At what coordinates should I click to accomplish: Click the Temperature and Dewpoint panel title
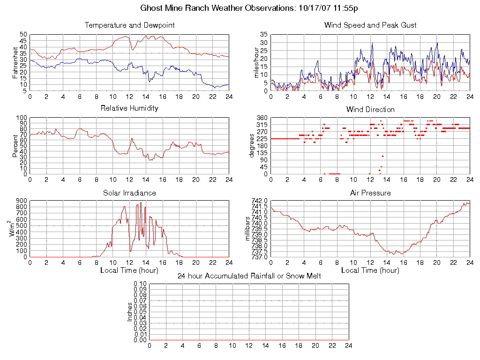tap(130, 25)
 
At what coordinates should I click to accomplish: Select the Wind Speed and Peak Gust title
tap(370, 25)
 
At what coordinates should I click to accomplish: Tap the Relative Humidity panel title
tap(130, 108)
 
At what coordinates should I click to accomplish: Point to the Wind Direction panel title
tap(370, 110)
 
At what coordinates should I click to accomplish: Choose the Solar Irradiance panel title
tap(130, 193)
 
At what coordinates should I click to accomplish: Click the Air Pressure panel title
tap(370, 193)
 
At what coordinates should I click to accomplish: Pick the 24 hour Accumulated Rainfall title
tap(249, 276)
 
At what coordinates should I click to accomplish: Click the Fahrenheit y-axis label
tap(15, 62)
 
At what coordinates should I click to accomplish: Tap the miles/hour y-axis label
tap(256, 62)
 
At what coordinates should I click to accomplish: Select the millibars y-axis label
tap(249, 229)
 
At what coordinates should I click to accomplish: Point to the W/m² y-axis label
tap(14, 229)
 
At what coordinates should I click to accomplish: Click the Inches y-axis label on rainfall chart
tap(130, 312)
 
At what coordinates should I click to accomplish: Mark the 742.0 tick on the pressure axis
tap(260, 201)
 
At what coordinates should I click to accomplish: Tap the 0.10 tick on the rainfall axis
tap(140, 284)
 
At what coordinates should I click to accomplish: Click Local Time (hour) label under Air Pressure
tap(370, 270)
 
